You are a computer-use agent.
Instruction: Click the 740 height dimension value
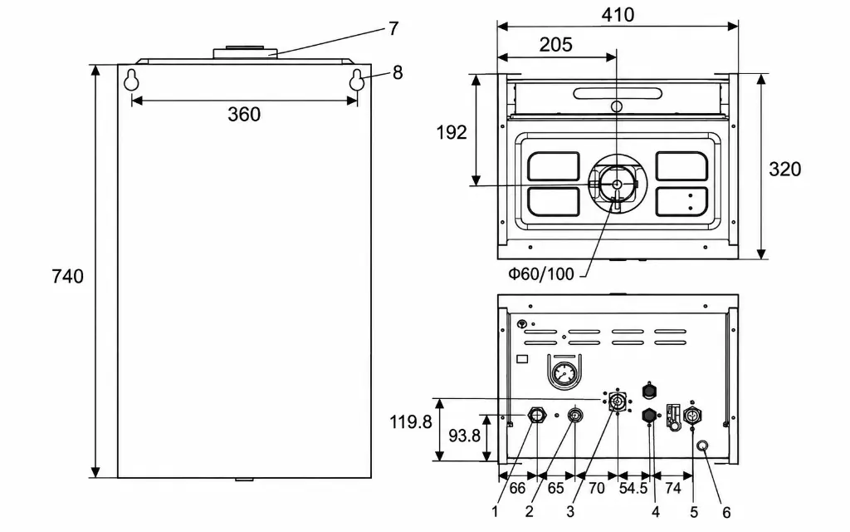(68, 276)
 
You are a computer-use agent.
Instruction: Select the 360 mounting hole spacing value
(244, 114)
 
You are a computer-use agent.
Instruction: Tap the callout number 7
(393, 28)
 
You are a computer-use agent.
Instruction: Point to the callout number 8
(398, 72)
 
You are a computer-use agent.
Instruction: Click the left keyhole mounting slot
(131, 80)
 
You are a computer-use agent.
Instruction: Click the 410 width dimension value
(618, 15)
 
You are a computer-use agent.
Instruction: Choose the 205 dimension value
(555, 45)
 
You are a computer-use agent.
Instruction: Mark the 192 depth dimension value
(452, 132)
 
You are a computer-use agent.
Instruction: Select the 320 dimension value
(784, 169)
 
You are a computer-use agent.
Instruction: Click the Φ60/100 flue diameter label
(541, 273)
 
